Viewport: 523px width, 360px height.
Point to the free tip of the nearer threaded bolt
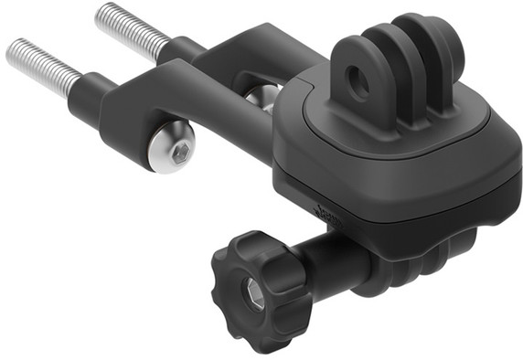11,50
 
